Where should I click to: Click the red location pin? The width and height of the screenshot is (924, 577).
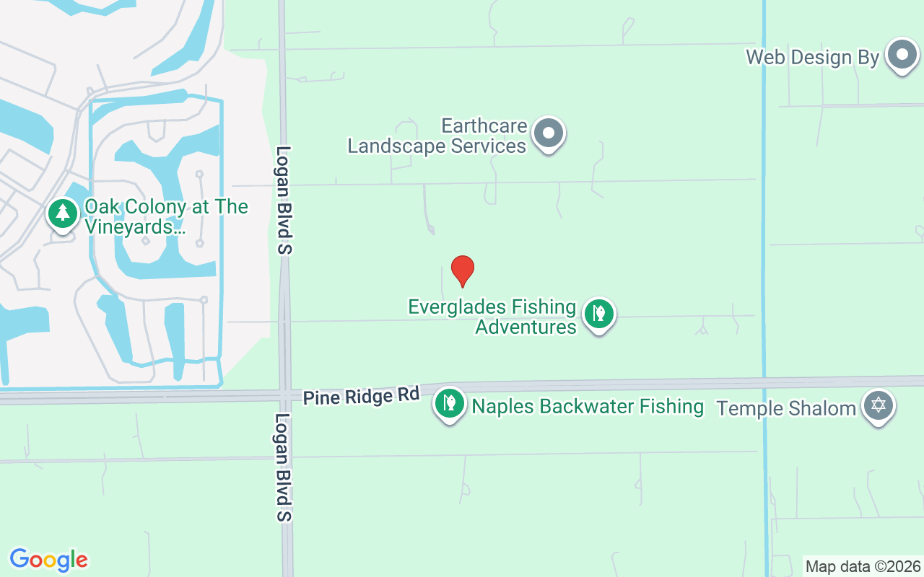tap(463, 270)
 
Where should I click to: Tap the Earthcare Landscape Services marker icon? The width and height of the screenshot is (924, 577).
tap(549, 133)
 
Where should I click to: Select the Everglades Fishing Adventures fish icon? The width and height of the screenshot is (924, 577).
tap(598, 314)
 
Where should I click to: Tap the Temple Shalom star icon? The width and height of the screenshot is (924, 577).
tap(879, 405)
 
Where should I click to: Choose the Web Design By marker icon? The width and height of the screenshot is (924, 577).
tap(901, 55)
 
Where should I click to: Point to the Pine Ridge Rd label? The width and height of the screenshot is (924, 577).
tap(361, 397)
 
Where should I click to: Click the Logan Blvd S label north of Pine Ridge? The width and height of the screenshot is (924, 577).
tap(284, 200)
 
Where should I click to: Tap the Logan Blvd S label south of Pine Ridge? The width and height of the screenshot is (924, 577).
tap(284, 467)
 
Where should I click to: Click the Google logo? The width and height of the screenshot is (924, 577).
tap(49, 560)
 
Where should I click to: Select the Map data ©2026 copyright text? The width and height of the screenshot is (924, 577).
tap(863, 567)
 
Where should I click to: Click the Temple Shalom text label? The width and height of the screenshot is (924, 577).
tap(786, 408)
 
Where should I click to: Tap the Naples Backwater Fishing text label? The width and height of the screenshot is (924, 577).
tap(588, 406)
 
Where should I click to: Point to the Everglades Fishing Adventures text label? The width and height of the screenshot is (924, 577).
tap(492, 317)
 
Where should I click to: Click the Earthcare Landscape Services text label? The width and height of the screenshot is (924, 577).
tap(437, 136)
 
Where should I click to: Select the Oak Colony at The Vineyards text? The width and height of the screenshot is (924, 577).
tap(166, 216)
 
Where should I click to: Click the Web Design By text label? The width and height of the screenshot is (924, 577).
tap(813, 58)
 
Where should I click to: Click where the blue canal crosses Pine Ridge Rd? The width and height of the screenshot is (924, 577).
tap(764, 382)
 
